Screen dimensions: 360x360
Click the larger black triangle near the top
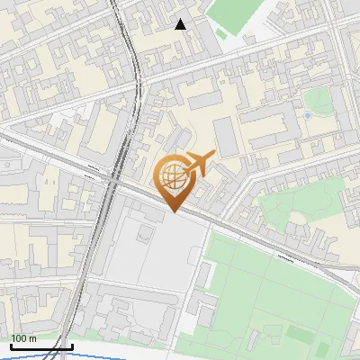(x=181, y=24)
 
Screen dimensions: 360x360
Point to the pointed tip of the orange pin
(x=173, y=211)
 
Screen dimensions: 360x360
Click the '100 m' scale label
(x=23, y=338)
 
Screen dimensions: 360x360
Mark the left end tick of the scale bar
(x=11, y=345)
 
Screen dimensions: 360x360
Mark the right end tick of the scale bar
(x=72, y=345)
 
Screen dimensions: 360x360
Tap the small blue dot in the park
(x=308, y=115)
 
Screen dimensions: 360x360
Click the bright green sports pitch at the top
(x=236, y=13)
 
